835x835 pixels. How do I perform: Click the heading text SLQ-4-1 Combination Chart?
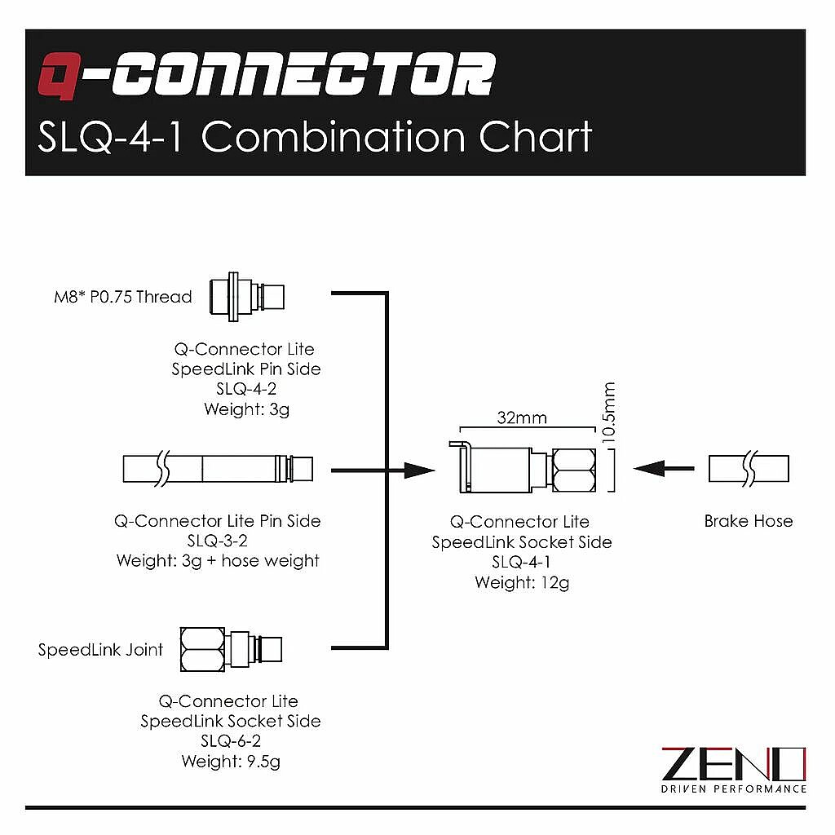tap(315, 137)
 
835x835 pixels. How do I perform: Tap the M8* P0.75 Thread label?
tap(123, 297)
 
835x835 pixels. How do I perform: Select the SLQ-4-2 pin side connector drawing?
tap(246, 297)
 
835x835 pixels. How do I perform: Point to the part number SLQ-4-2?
tap(246, 389)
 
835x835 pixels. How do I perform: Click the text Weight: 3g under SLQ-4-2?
tap(246, 409)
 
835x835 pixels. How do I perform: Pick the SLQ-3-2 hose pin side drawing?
tap(218, 469)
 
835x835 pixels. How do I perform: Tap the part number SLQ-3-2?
tap(217, 541)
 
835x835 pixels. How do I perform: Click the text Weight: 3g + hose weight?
tap(218, 561)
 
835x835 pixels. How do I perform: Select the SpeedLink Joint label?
tap(100, 650)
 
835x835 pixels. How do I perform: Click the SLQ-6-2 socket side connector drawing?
tap(231, 649)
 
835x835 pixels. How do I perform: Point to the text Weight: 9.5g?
tap(231, 762)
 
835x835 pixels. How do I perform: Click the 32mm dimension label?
tap(522, 417)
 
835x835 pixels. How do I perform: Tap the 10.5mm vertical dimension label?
tap(608, 412)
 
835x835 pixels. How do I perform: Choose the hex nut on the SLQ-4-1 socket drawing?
tap(574, 471)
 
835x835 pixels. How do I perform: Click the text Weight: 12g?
tap(522, 582)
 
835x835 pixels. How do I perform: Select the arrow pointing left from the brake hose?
tap(664, 469)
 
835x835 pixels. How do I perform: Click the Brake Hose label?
tap(749, 521)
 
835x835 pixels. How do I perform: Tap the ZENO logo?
tap(734, 770)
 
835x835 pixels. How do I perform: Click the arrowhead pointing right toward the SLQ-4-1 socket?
tap(420, 471)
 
